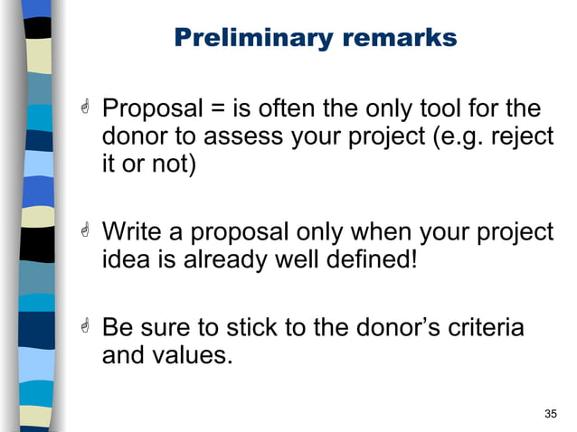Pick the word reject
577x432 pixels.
[x=518, y=138]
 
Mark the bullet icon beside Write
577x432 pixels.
[x=84, y=232]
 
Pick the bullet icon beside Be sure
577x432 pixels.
[x=84, y=326]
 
